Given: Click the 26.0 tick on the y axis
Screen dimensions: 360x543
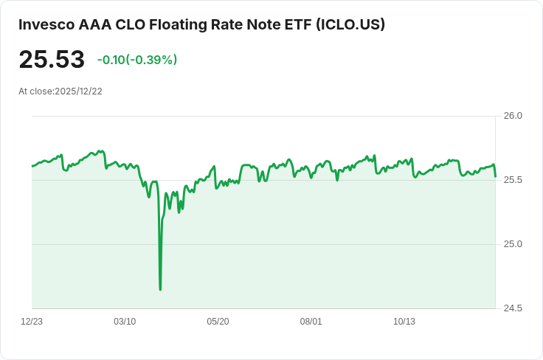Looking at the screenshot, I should click(x=513, y=116).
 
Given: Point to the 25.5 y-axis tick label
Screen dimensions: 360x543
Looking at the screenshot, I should click(x=513, y=180).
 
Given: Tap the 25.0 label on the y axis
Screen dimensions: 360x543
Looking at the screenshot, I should click(x=513, y=244).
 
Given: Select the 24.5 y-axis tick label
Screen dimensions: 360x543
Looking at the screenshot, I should click(x=513, y=308).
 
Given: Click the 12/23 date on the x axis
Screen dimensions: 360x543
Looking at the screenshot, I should click(x=32, y=322).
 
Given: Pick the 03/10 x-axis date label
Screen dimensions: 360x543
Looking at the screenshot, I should click(x=125, y=322).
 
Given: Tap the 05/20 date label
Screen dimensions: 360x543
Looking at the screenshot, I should click(x=218, y=322).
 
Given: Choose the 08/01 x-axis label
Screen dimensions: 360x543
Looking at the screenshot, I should click(x=311, y=322).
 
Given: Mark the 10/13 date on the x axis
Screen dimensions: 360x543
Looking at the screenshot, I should click(x=404, y=322).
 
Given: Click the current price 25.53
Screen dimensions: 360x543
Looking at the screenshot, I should click(x=52, y=60).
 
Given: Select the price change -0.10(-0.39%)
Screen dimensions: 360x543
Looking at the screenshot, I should click(x=137, y=60).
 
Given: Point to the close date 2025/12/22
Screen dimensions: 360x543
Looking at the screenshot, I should click(x=78, y=91).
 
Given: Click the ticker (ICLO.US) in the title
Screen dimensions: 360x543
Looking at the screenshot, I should click(x=350, y=24).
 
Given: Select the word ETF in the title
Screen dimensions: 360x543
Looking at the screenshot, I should click(x=296, y=24).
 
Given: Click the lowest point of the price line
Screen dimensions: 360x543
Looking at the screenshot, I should click(x=160, y=289).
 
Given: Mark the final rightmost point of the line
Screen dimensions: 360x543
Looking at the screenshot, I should click(x=495, y=176).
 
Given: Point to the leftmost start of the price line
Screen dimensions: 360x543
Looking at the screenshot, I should click(x=32, y=166).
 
